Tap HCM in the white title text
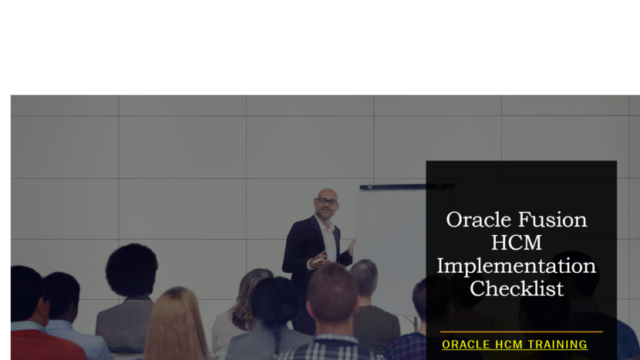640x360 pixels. (516, 243)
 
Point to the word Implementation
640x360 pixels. (516, 266)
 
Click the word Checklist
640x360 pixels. (516, 289)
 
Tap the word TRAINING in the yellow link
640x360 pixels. (551, 345)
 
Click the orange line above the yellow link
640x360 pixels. (520, 332)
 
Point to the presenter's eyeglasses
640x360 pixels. (327, 201)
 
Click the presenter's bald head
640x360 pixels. (327, 193)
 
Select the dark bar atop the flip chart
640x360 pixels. (406, 186)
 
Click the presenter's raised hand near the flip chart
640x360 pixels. (352, 246)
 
